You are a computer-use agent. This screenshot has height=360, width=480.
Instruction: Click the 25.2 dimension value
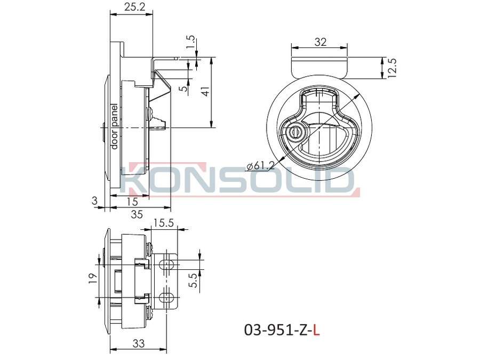tap(134, 7)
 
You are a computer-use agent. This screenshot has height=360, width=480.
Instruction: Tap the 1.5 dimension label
tap(190, 42)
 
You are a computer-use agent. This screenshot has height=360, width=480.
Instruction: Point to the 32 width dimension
tap(320, 42)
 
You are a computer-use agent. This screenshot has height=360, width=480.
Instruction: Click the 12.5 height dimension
tap(392, 68)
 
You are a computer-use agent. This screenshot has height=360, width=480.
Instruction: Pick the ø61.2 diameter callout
tap(261, 166)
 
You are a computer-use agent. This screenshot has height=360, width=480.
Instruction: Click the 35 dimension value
tap(137, 214)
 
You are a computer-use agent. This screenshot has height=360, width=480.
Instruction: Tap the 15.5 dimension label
tap(164, 222)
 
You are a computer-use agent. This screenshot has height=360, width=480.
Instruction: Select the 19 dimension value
tap(93, 278)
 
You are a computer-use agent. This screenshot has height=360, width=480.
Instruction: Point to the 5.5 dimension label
tap(194, 281)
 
